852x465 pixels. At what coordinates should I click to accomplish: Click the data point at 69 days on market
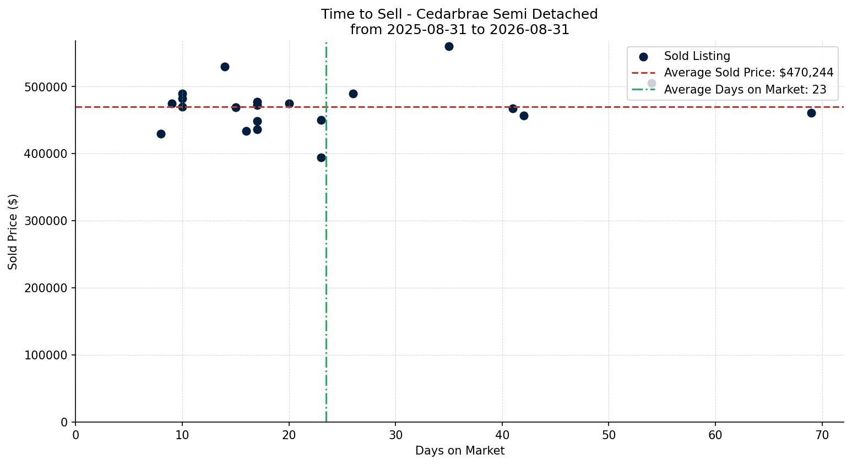(x=811, y=113)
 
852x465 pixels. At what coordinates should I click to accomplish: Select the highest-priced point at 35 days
(x=449, y=46)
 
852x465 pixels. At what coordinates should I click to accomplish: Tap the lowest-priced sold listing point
(x=321, y=157)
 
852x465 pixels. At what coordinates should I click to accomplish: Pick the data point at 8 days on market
(x=161, y=134)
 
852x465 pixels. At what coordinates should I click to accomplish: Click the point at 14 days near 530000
(x=225, y=67)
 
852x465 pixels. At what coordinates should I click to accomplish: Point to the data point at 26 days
(x=353, y=94)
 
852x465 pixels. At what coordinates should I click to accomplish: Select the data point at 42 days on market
(x=524, y=116)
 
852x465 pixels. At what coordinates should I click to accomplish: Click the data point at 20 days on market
(x=289, y=103)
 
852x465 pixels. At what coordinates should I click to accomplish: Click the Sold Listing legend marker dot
(x=643, y=57)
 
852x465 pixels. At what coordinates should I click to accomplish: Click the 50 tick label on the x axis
(x=609, y=435)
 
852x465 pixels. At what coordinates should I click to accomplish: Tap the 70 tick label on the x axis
(x=822, y=435)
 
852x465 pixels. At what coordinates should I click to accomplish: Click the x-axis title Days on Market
(x=459, y=451)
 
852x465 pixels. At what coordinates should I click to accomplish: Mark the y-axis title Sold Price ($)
(x=13, y=232)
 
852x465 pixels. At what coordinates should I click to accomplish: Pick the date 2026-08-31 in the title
(x=529, y=30)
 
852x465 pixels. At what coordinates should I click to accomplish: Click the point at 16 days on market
(x=246, y=131)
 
